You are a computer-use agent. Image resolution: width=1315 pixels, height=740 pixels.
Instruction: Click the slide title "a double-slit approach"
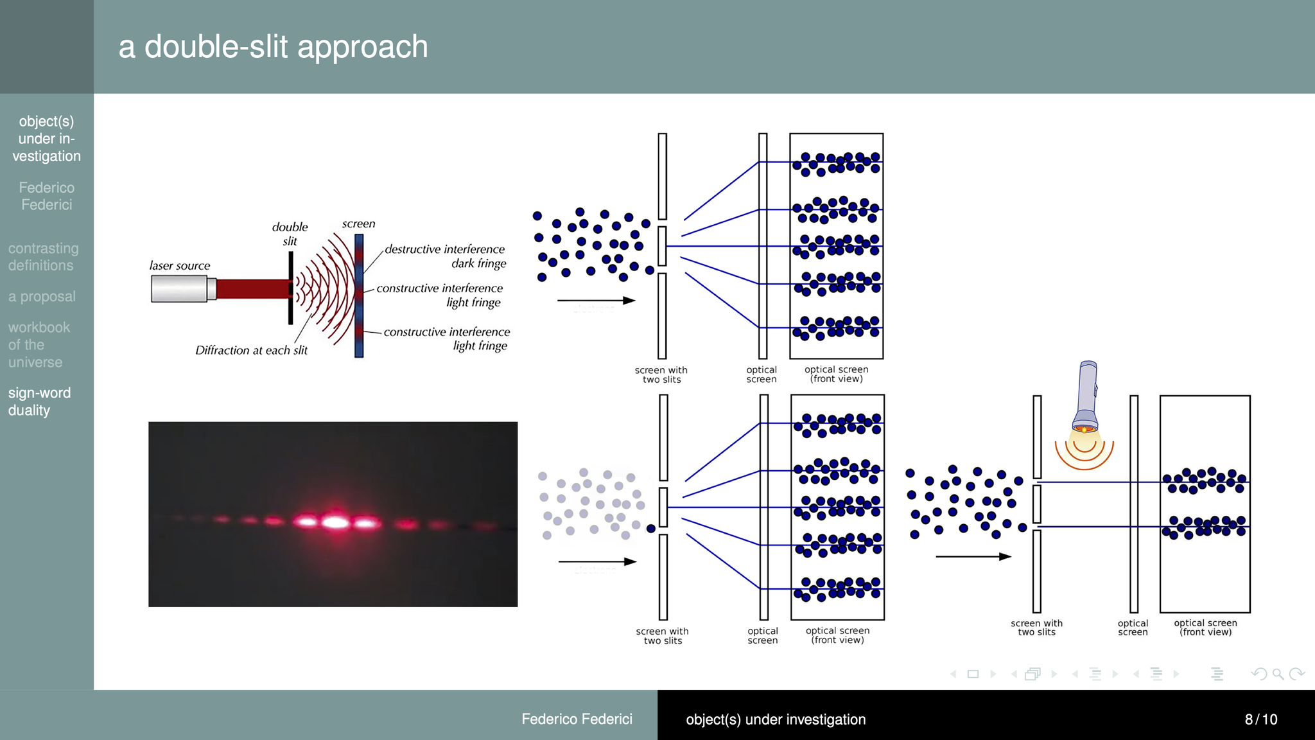coord(273,47)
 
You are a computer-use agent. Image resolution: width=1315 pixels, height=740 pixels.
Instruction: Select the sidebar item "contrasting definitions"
coord(43,257)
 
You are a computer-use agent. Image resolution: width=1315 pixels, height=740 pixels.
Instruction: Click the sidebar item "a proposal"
coord(42,297)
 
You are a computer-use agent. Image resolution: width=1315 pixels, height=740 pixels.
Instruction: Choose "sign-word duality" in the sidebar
coord(39,401)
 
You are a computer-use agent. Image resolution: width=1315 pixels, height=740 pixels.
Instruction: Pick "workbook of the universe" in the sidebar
coord(39,345)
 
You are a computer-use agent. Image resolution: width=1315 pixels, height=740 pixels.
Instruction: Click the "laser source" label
coord(180,266)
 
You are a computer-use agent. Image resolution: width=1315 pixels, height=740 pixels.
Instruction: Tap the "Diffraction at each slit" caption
coord(251,351)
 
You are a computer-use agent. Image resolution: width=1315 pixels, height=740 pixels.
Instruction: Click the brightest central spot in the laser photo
coord(335,522)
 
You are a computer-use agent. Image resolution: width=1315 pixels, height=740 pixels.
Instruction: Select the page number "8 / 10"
coord(1260,719)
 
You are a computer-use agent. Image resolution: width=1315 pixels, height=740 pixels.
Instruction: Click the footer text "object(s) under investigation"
coord(776,719)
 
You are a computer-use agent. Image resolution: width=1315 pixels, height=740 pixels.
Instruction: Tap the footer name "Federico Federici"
coord(577,719)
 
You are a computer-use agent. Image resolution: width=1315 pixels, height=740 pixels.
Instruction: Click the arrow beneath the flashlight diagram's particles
coord(973,556)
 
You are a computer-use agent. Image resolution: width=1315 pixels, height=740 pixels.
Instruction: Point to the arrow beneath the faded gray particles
coord(597,561)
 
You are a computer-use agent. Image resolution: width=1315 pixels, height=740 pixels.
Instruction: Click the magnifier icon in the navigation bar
coord(1278,674)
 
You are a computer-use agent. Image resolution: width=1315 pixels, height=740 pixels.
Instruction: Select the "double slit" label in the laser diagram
coord(290,234)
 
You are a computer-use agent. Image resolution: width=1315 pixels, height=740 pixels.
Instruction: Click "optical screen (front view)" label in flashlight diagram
coord(1205,628)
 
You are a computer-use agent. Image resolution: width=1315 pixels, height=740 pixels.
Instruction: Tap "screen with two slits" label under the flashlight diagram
coord(1036,628)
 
